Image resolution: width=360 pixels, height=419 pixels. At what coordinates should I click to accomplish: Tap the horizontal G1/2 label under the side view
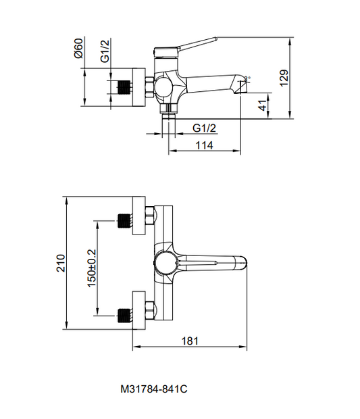point(204,128)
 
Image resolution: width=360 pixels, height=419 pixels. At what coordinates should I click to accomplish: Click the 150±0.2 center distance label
point(92,268)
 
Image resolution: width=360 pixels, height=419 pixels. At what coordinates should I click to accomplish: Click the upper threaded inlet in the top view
point(124,220)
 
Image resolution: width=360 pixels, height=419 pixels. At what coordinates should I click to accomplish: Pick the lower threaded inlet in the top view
point(124,314)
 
